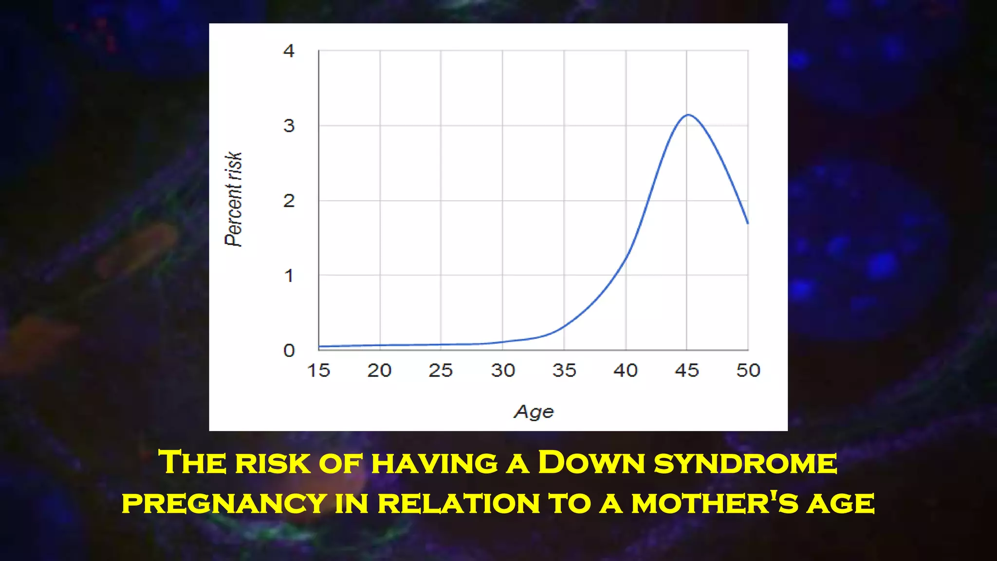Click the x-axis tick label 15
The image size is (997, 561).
point(319,371)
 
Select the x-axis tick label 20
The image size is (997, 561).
point(380,371)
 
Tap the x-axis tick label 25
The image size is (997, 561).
point(441,371)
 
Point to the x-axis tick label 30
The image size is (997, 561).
point(503,371)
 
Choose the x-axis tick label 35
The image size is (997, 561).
point(564,371)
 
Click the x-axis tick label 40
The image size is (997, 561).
point(626,371)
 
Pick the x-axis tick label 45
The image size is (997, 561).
point(687,371)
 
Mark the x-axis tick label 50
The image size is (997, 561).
point(748,371)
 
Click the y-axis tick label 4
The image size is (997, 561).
point(289,51)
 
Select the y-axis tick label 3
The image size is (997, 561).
point(289,126)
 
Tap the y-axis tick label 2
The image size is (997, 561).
point(289,201)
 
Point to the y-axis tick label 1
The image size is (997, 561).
point(289,276)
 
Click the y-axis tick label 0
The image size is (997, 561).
point(289,351)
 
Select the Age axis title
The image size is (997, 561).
point(534,412)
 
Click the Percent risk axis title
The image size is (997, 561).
point(234,199)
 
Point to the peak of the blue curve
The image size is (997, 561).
point(688,115)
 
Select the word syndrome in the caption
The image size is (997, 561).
point(745,463)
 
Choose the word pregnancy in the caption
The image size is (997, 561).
point(224,504)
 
